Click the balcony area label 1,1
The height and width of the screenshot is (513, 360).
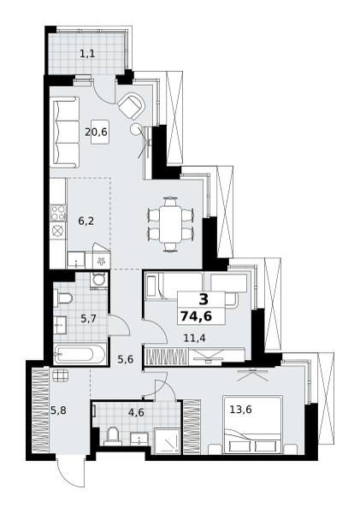(x=88, y=54)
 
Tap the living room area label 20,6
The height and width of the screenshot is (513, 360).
(x=97, y=133)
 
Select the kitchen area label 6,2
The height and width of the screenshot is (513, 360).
(x=86, y=221)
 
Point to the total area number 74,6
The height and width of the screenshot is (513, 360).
(x=196, y=316)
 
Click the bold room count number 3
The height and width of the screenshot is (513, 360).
(x=204, y=299)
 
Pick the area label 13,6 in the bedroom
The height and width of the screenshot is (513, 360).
(x=240, y=410)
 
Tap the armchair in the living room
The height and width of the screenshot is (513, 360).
(x=131, y=106)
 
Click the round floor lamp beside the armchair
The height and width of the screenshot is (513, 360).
(x=135, y=128)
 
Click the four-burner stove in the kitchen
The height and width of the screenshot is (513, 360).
(x=58, y=212)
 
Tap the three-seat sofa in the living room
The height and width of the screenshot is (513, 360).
(x=64, y=133)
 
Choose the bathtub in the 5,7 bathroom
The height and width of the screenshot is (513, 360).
(x=80, y=353)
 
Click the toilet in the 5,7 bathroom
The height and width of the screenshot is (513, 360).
(x=63, y=298)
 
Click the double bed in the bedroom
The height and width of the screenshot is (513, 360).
(x=252, y=424)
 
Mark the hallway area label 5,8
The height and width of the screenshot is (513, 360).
(x=59, y=410)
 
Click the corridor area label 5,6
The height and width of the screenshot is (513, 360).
(x=126, y=360)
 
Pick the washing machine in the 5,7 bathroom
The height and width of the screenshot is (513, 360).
(x=98, y=280)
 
